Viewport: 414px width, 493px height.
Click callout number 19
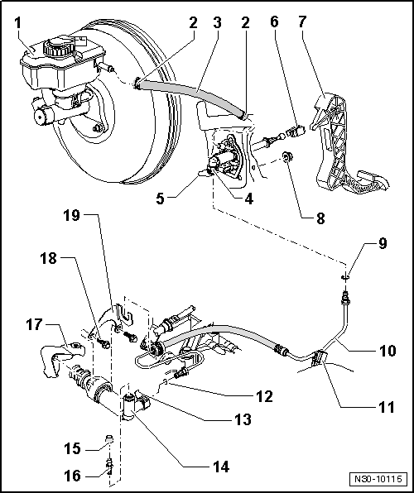point(72,218)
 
